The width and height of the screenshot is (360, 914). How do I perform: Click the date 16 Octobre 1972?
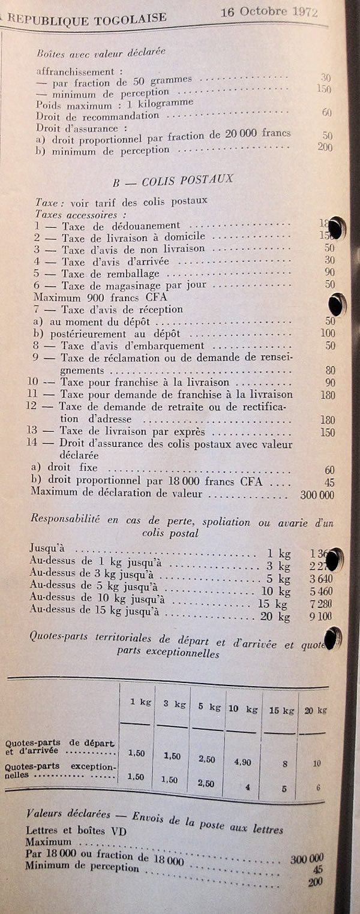pyautogui.click(x=269, y=11)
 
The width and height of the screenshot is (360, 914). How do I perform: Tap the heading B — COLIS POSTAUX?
pyautogui.click(x=173, y=179)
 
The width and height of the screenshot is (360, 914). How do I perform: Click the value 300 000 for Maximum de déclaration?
pyautogui.click(x=317, y=495)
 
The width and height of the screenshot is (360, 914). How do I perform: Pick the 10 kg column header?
pyautogui.click(x=242, y=708)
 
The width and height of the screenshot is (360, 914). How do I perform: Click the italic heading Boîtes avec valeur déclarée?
pyautogui.click(x=100, y=52)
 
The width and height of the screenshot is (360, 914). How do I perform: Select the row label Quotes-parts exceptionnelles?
pyautogui.click(x=60, y=771)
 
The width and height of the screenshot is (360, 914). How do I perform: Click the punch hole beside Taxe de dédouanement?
pyautogui.click(x=337, y=228)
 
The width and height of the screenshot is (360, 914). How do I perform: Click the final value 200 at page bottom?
pyautogui.click(x=315, y=882)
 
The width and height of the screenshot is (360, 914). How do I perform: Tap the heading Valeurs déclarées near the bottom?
pyautogui.click(x=69, y=814)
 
